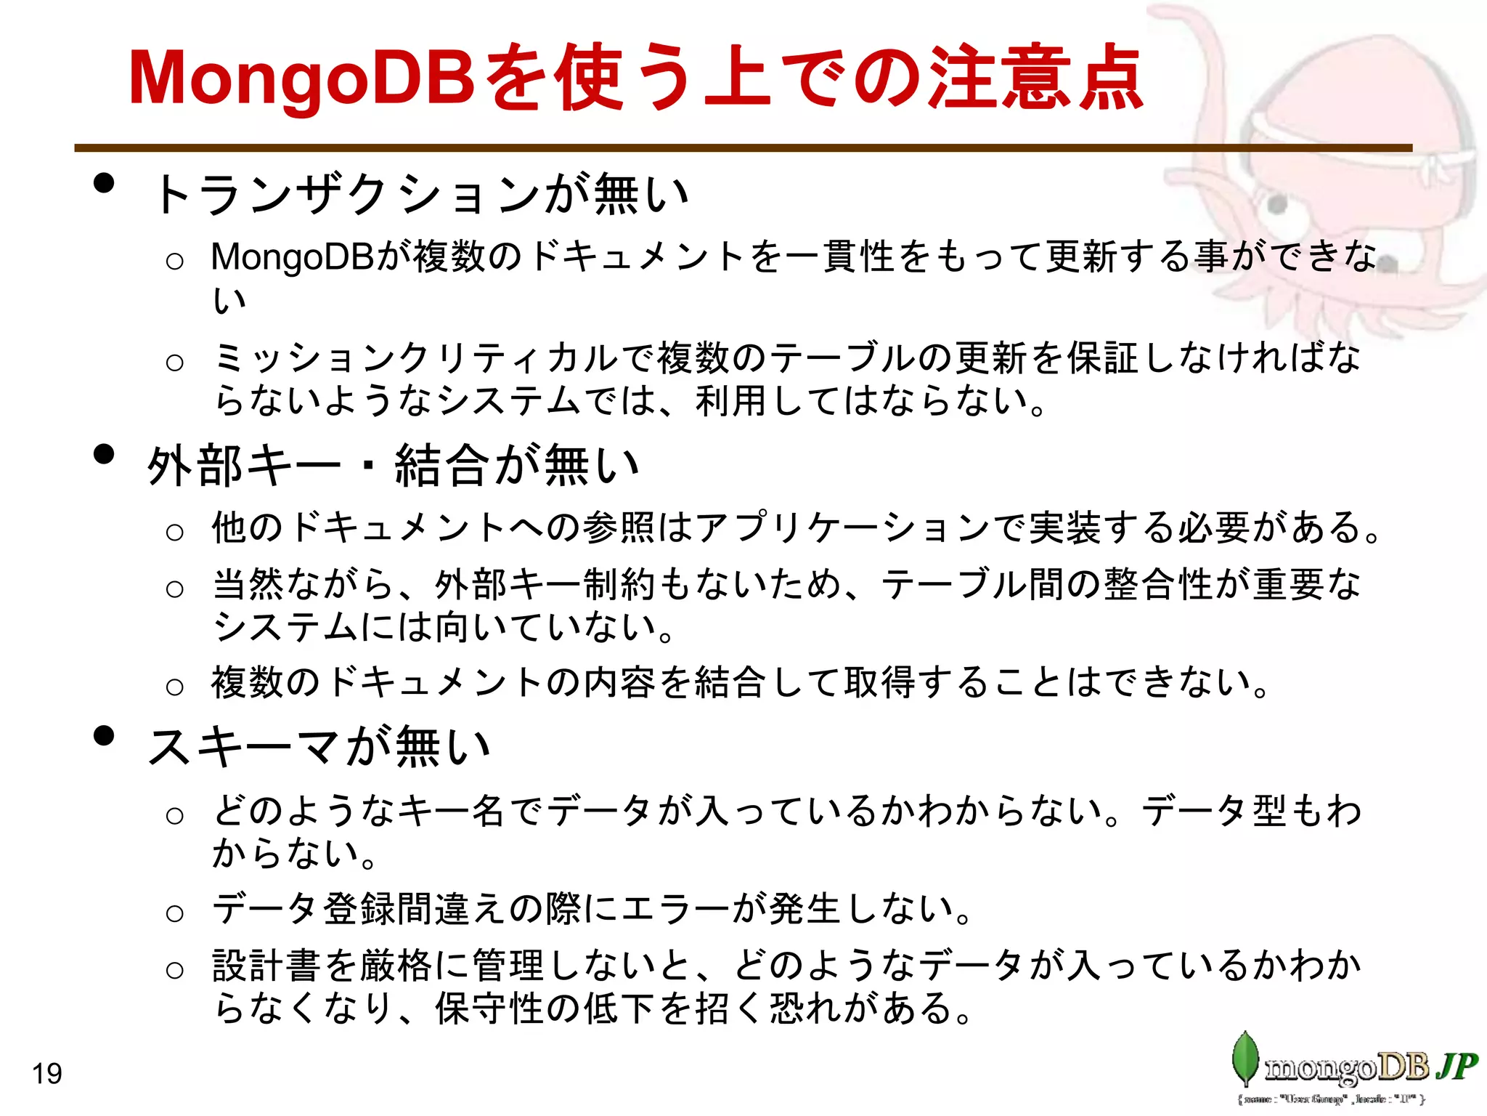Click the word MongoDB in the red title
(x=301, y=78)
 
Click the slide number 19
(x=47, y=1073)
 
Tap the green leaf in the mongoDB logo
(x=1244, y=1059)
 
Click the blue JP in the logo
(x=1455, y=1066)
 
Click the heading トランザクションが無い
(x=421, y=195)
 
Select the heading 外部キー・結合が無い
(x=393, y=465)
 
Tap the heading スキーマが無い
(x=319, y=747)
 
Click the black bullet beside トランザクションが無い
(x=105, y=183)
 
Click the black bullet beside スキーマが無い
(x=105, y=735)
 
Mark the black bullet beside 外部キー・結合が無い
(x=105, y=454)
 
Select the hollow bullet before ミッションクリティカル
(x=174, y=362)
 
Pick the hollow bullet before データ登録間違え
(x=174, y=913)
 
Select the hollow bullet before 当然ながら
(x=174, y=588)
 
